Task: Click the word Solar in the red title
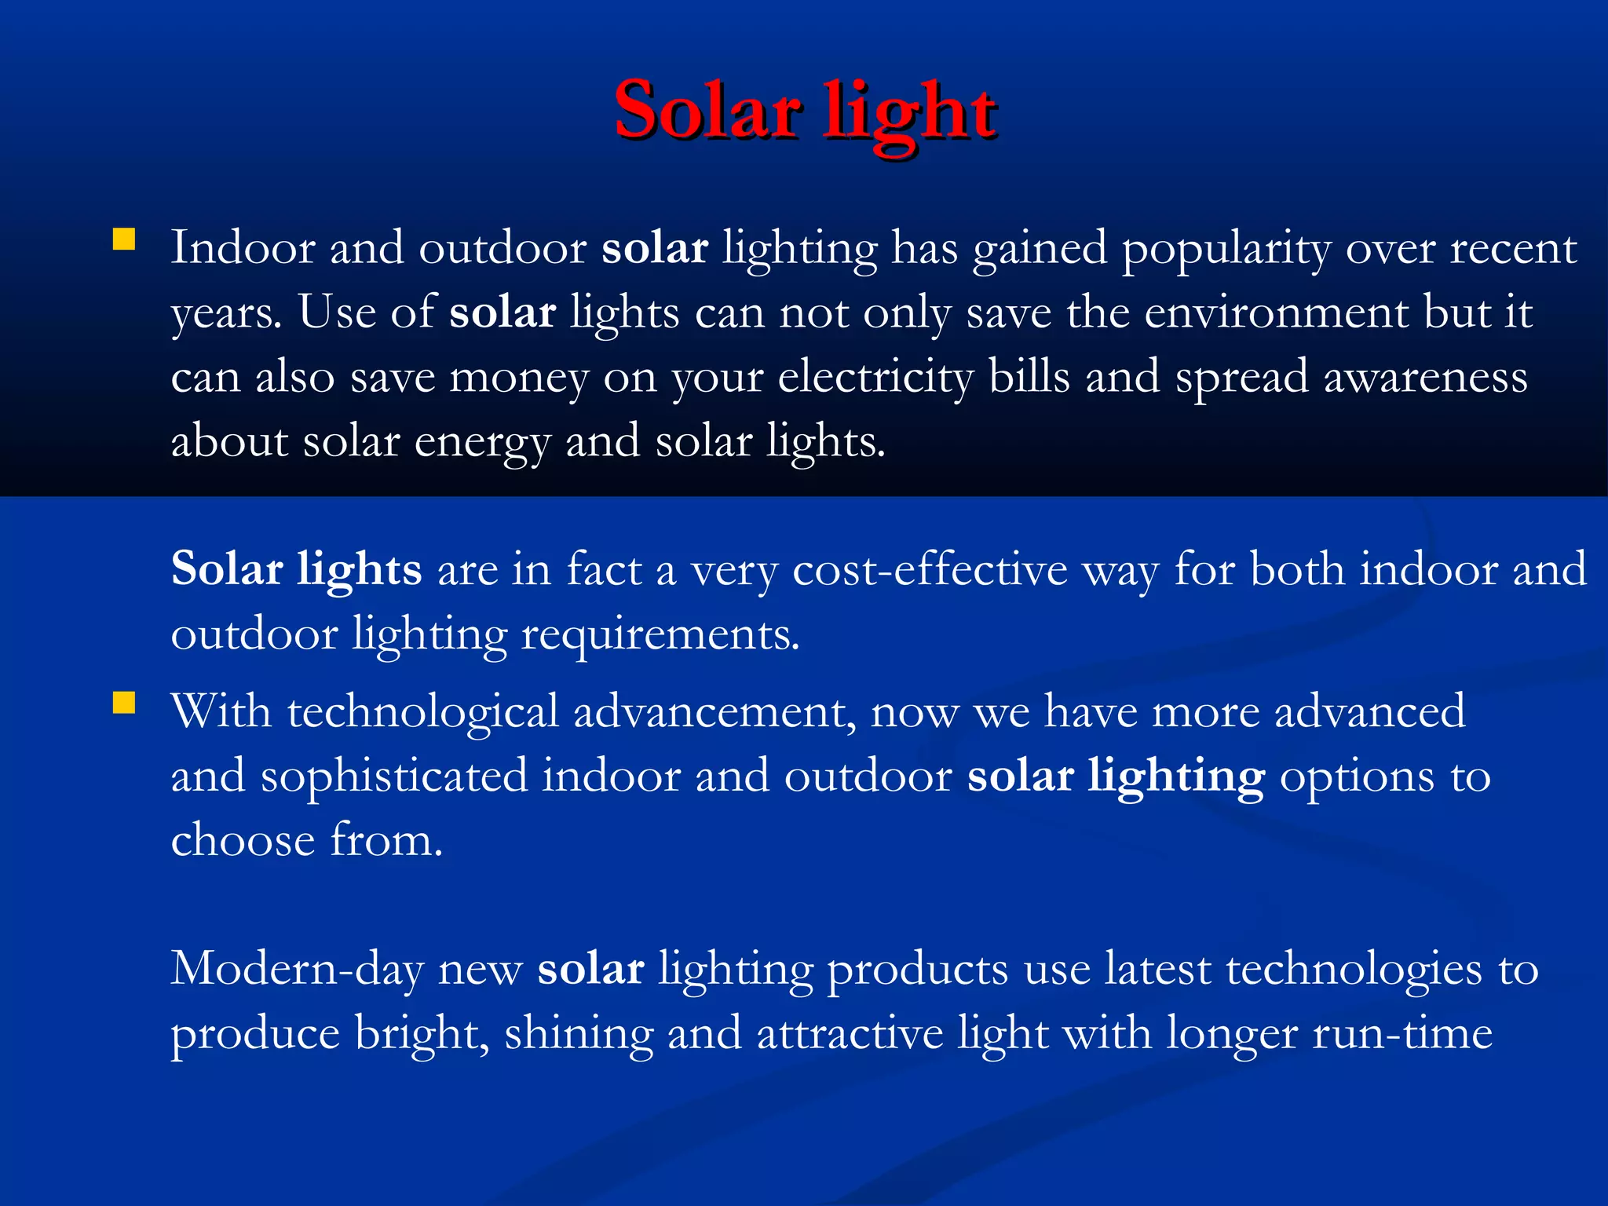point(708,111)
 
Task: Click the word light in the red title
point(910,114)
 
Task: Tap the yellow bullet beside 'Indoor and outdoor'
point(124,239)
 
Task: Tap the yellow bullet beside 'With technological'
point(124,702)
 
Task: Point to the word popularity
point(1226,250)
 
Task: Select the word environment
point(1277,312)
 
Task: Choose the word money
point(518,378)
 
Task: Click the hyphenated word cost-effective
point(930,569)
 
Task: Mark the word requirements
point(660,634)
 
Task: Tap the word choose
point(243,840)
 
